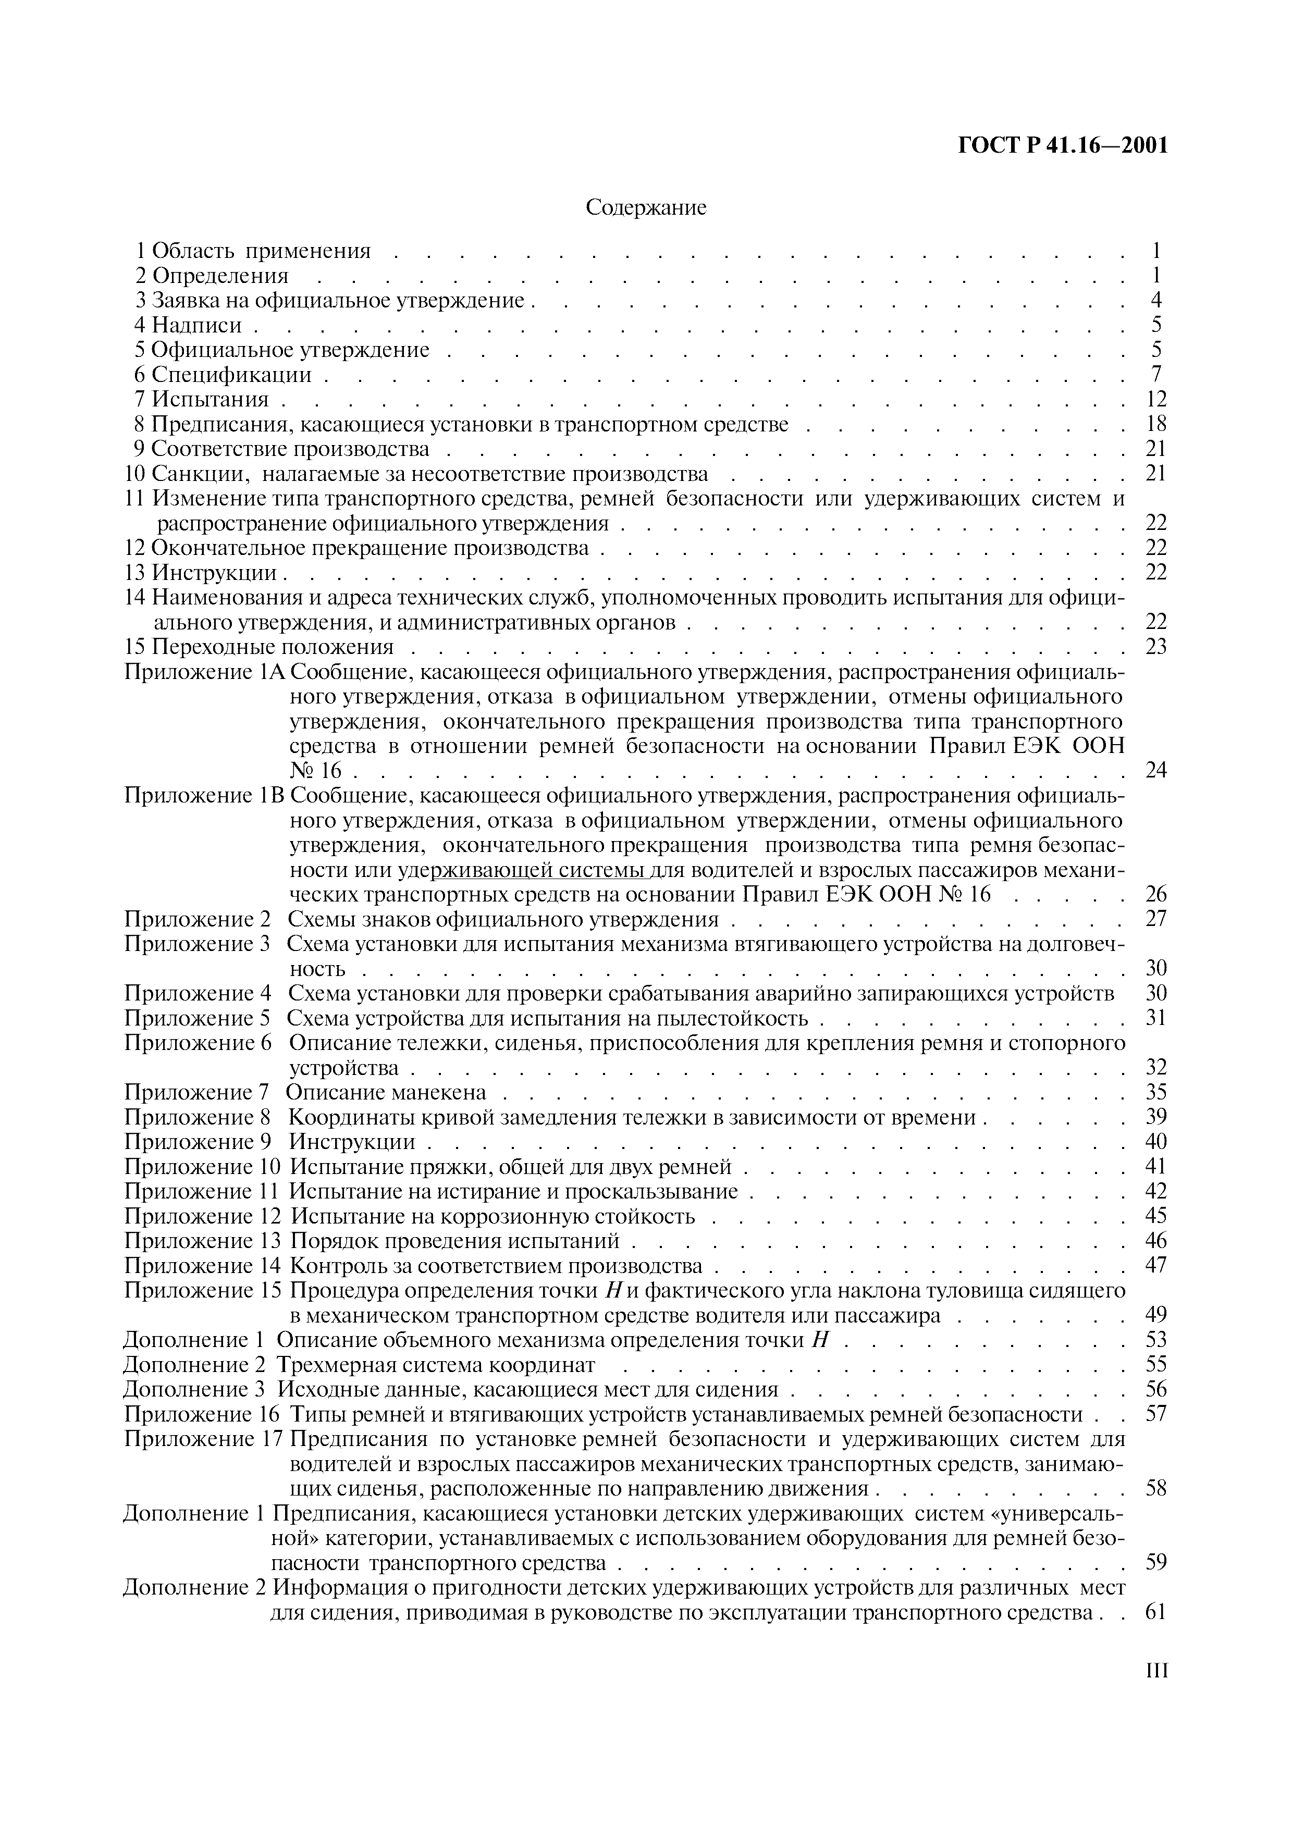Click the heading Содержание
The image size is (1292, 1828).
[646, 208]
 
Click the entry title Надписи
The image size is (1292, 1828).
[196, 325]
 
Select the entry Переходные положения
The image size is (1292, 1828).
[272, 647]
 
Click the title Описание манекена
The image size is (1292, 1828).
[385, 1092]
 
